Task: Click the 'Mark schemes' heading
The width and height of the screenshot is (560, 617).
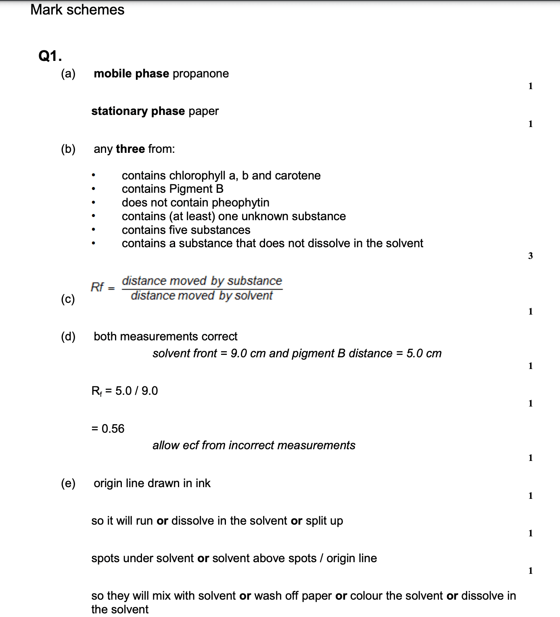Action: (x=77, y=10)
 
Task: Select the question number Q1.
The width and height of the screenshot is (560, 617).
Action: (x=50, y=56)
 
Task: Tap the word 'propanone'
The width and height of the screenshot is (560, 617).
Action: (x=201, y=73)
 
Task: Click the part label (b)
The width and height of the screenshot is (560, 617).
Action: (x=68, y=149)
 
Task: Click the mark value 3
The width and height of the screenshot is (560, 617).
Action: (x=530, y=256)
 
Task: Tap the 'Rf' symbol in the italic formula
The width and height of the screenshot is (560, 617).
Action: (x=97, y=287)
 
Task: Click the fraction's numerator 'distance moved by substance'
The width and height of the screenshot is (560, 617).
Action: (x=202, y=281)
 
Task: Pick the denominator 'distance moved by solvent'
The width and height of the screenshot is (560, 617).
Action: (x=202, y=296)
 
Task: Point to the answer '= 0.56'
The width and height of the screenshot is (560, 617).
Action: (x=108, y=428)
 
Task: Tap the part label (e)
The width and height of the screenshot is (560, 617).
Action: (x=68, y=483)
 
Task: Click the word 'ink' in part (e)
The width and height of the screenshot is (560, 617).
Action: (x=203, y=483)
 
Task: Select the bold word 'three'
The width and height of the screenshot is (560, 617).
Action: (x=130, y=149)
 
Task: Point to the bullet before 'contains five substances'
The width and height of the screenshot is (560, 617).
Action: (x=93, y=230)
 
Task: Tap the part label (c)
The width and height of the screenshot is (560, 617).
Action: (x=68, y=299)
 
